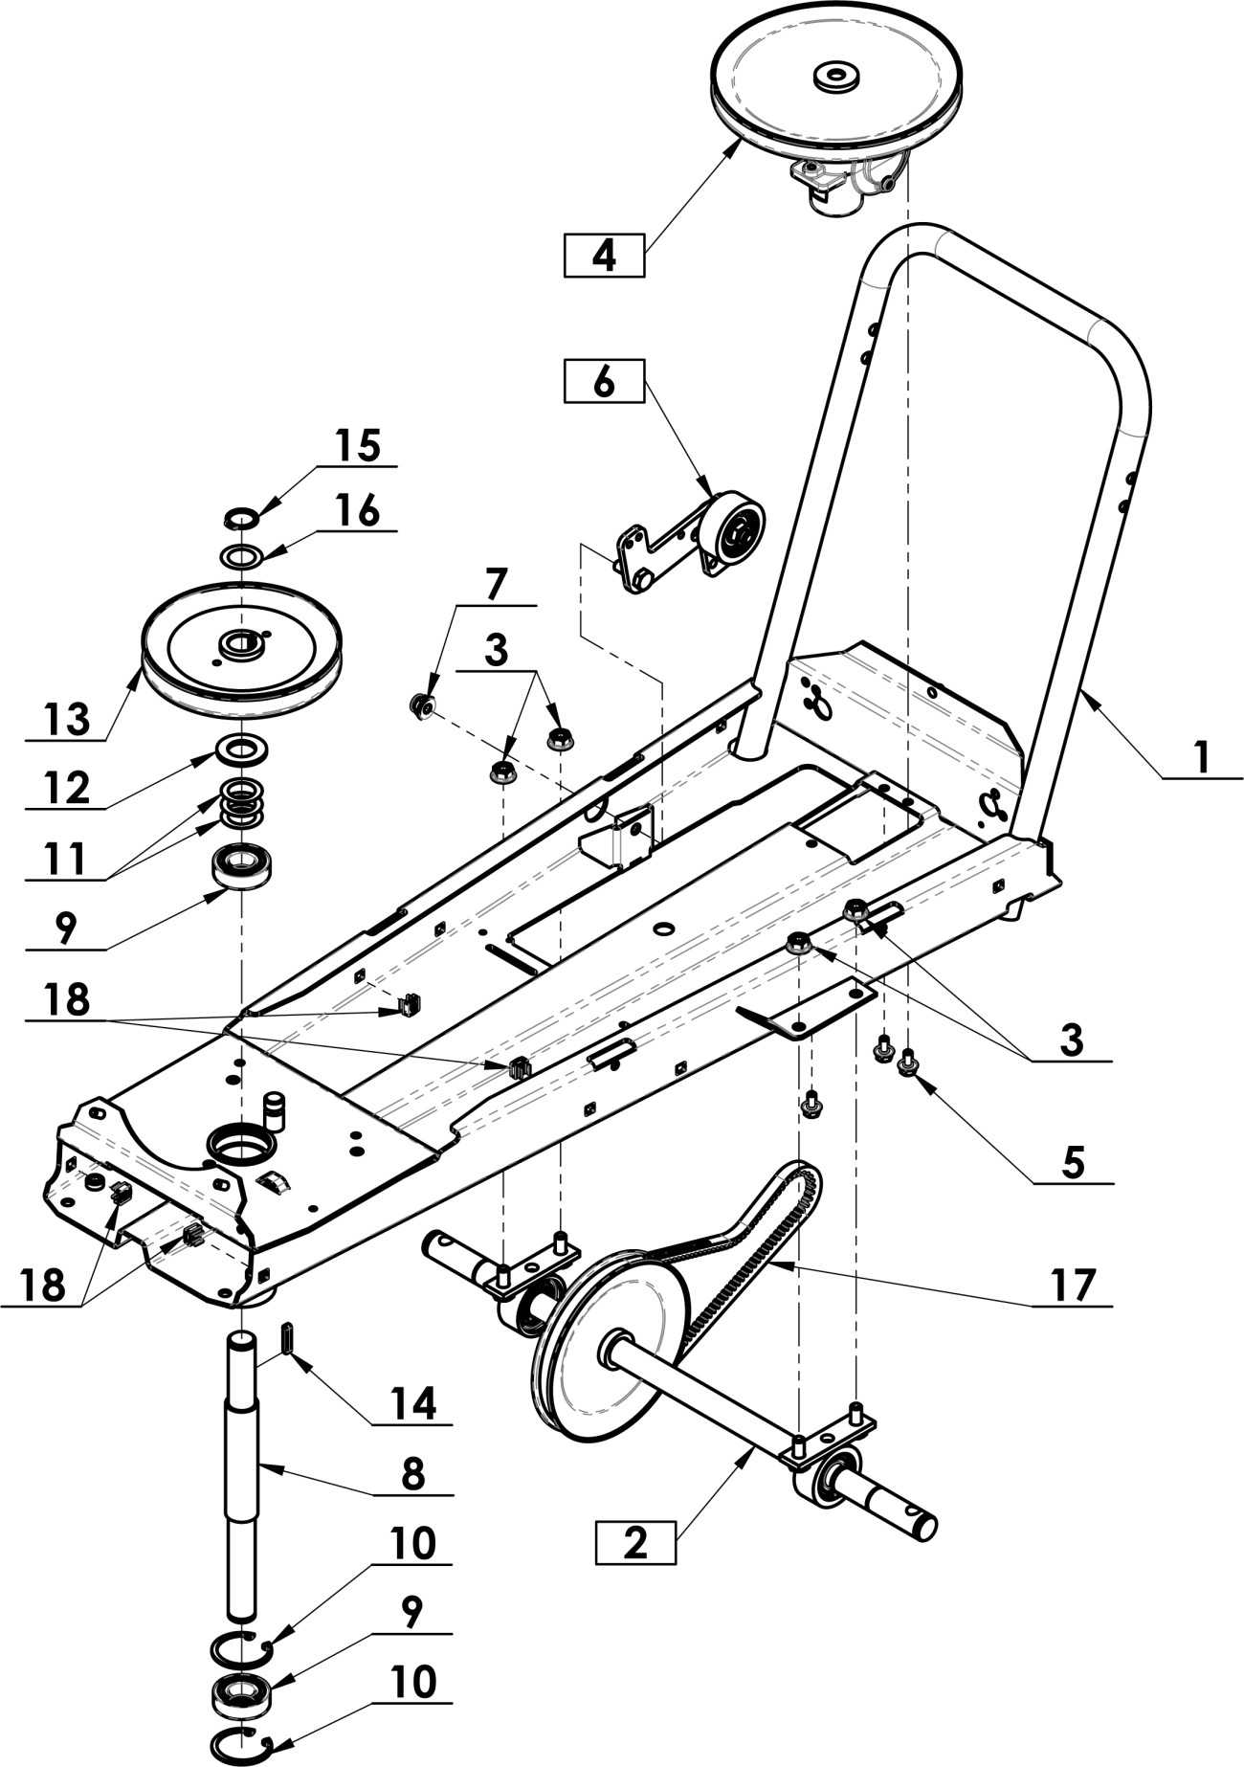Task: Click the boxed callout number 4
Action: [603, 256]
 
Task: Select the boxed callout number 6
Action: [603, 381]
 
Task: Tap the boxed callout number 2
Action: [635, 1543]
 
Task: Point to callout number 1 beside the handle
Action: [1201, 759]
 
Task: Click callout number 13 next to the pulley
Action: [65, 718]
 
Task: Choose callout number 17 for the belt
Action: [1072, 1285]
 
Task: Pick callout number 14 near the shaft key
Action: [412, 1404]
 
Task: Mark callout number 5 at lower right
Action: [1072, 1163]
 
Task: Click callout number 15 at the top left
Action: [357, 445]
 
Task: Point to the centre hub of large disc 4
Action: [835, 77]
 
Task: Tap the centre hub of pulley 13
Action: [242, 643]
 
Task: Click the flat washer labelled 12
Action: [241, 749]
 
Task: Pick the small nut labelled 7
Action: [420, 707]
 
